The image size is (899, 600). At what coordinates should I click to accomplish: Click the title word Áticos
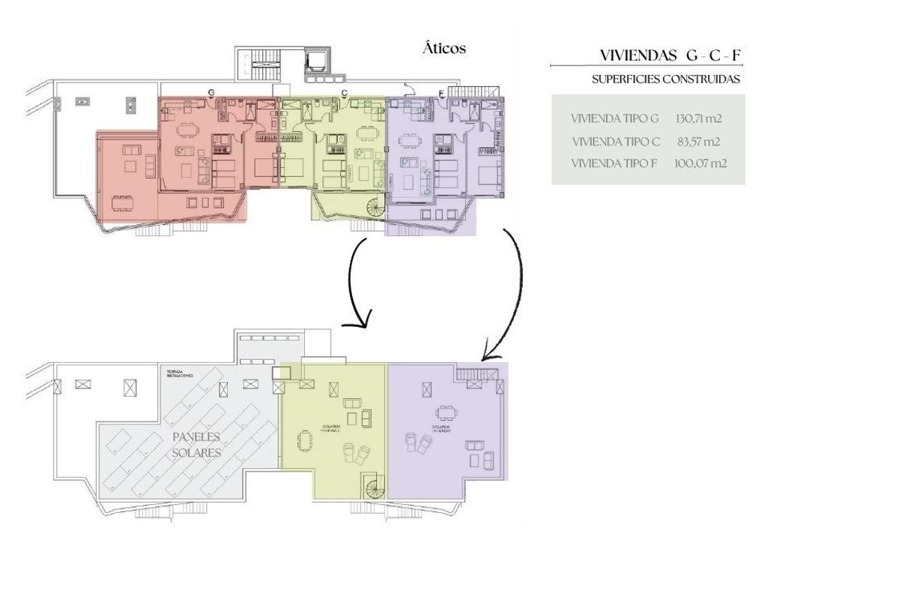coord(444,49)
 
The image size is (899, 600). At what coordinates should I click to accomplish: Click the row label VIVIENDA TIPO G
coord(614,118)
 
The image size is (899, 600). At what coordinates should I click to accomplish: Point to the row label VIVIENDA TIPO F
coord(614,163)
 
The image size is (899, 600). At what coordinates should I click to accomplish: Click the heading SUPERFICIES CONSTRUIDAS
coord(665,79)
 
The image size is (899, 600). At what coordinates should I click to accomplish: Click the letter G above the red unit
coord(211,92)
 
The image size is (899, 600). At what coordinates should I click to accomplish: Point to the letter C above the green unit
coord(344,92)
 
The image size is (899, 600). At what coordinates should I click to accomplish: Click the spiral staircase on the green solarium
coord(374,489)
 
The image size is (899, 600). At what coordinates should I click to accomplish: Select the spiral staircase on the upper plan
coord(372,208)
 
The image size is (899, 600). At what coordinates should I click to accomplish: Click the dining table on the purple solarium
coord(446,412)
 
